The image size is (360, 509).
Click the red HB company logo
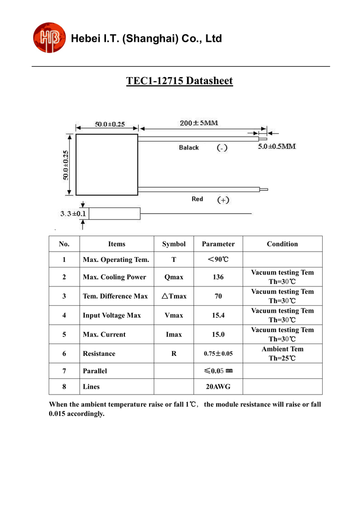coord(49,38)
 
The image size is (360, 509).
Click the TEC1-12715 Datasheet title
coord(180,81)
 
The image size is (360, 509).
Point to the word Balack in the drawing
coord(189,148)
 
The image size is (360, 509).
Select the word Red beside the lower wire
coord(197,199)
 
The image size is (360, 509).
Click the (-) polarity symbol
coord(222,148)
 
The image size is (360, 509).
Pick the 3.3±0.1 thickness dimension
coord(73,214)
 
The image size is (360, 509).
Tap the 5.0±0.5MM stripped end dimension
coord(277,147)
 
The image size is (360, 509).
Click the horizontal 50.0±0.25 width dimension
coord(110,124)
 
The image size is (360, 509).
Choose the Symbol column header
coord(174,244)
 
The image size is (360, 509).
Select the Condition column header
coord(282,244)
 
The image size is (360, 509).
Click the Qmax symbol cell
coord(174,277)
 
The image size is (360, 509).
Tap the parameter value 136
coord(218,277)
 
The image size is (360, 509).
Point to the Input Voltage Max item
coord(112,315)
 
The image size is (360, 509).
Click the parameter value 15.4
coord(218,315)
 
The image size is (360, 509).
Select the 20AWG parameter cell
coord(218,386)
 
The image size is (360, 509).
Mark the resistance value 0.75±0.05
coord(218,354)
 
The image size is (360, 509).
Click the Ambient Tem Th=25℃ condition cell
coord(282,353)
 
